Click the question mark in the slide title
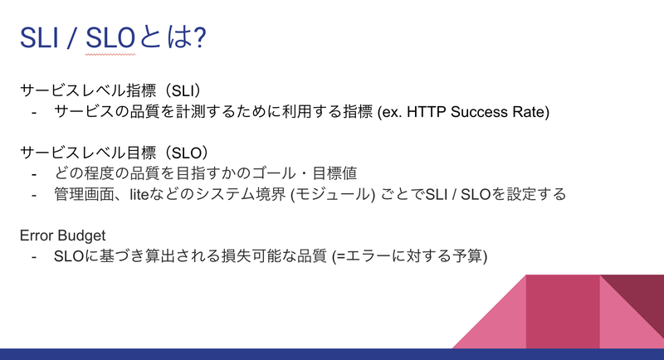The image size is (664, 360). click(x=198, y=37)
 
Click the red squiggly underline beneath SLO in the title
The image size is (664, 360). click(x=110, y=54)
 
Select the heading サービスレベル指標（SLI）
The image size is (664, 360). click(x=110, y=90)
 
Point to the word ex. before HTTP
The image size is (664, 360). click(x=391, y=112)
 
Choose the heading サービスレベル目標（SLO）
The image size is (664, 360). click(x=115, y=153)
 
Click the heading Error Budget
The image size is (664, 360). click(x=63, y=236)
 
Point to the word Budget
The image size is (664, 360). click(x=81, y=236)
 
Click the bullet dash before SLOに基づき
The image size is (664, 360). click(x=34, y=257)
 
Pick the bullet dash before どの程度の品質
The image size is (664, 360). click(x=34, y=174)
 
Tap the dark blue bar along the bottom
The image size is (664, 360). click(x=332, y=354)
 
